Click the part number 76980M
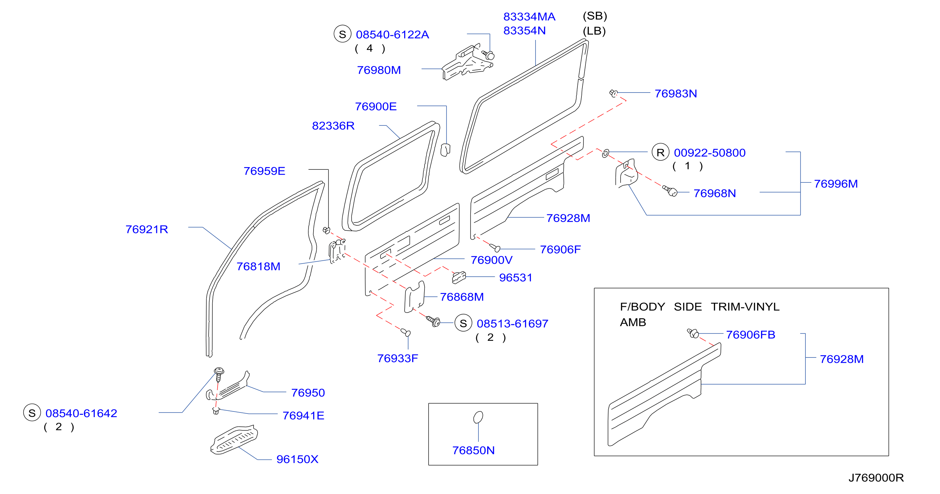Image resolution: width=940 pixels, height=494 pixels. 379,70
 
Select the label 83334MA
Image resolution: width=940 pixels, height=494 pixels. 529,17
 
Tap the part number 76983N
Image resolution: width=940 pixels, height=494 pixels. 676,94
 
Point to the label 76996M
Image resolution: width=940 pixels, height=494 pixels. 836,184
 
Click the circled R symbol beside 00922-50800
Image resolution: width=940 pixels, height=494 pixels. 660,152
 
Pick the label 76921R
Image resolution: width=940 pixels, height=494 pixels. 147,229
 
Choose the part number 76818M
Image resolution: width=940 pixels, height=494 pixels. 258,267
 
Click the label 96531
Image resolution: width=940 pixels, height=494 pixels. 515,278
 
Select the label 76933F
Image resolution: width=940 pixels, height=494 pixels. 398,359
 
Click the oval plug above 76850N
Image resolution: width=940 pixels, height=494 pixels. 478,417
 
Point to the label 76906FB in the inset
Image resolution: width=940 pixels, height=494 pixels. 751,335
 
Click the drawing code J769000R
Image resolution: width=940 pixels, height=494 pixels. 876,478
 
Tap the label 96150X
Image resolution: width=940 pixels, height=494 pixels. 298,459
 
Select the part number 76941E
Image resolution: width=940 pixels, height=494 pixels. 303,416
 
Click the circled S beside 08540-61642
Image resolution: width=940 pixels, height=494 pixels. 32,413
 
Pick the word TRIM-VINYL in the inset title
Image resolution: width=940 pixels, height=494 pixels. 745,307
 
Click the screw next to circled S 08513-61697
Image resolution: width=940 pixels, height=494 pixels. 434,321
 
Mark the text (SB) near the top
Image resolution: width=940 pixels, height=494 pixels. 595,16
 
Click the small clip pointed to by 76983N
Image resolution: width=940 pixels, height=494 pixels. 614,93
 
